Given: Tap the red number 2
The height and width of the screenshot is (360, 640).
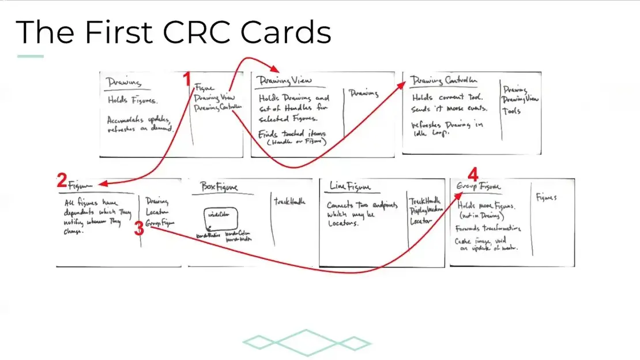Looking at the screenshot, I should pos(62,181).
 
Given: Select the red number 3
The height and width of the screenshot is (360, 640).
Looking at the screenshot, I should pos(138,228).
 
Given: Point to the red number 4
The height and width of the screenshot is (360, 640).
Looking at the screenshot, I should pos(473,174).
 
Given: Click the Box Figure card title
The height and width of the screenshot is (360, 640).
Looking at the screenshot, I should pos(219,187).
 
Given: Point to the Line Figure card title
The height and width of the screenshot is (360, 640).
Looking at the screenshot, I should pos(350,186).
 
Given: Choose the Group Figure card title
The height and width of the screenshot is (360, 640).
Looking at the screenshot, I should pos(479,186).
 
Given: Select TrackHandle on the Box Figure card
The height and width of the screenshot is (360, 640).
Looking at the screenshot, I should pos(289,202).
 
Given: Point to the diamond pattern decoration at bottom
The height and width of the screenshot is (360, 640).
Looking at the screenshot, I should pos(306,343).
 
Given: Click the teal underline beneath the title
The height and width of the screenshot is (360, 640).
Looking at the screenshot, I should pos(31,57).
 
